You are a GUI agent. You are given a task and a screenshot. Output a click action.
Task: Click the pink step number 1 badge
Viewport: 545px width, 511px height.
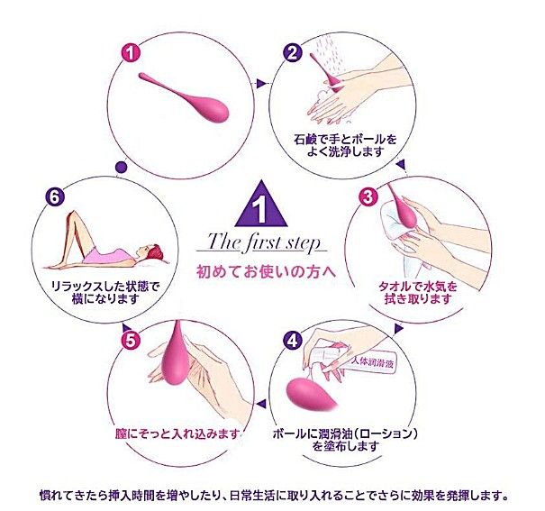coord(131,53)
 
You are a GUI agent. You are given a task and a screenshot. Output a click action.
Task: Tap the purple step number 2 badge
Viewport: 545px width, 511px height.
coord(293,53)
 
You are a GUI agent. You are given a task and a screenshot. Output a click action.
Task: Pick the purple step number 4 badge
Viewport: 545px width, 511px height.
coord(293,340)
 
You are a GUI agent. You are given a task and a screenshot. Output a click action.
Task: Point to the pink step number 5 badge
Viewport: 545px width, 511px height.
coord(131,341)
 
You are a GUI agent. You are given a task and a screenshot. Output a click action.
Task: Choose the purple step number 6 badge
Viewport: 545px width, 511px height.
coord(55,196)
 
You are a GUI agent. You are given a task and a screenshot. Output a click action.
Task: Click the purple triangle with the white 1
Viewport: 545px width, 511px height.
coord(261,204)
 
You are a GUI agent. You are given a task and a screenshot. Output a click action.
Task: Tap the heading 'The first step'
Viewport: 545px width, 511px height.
coord(263,242)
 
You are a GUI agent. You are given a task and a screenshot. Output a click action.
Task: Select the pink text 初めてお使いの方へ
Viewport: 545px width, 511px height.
coord(267,271)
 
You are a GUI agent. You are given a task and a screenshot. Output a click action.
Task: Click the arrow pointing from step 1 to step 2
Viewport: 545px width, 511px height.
coord(261,83)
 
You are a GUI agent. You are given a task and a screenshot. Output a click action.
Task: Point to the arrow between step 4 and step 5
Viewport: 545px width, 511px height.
coord(261,404)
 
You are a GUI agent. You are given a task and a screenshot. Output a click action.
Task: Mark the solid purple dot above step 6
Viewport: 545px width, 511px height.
coord(122,168)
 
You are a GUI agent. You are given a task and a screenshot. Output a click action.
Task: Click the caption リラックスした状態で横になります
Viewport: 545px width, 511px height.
coord(105,293)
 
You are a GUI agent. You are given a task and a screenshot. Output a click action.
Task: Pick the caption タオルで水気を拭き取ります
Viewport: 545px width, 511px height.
coord(418,293)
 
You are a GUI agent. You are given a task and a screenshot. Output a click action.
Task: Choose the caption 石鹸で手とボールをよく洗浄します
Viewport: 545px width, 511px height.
coord(345,146)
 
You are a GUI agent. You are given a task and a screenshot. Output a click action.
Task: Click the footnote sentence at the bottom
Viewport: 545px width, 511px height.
coord(272,495)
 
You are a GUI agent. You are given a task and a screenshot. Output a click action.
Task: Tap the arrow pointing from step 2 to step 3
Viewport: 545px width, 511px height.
coord(402,164)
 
